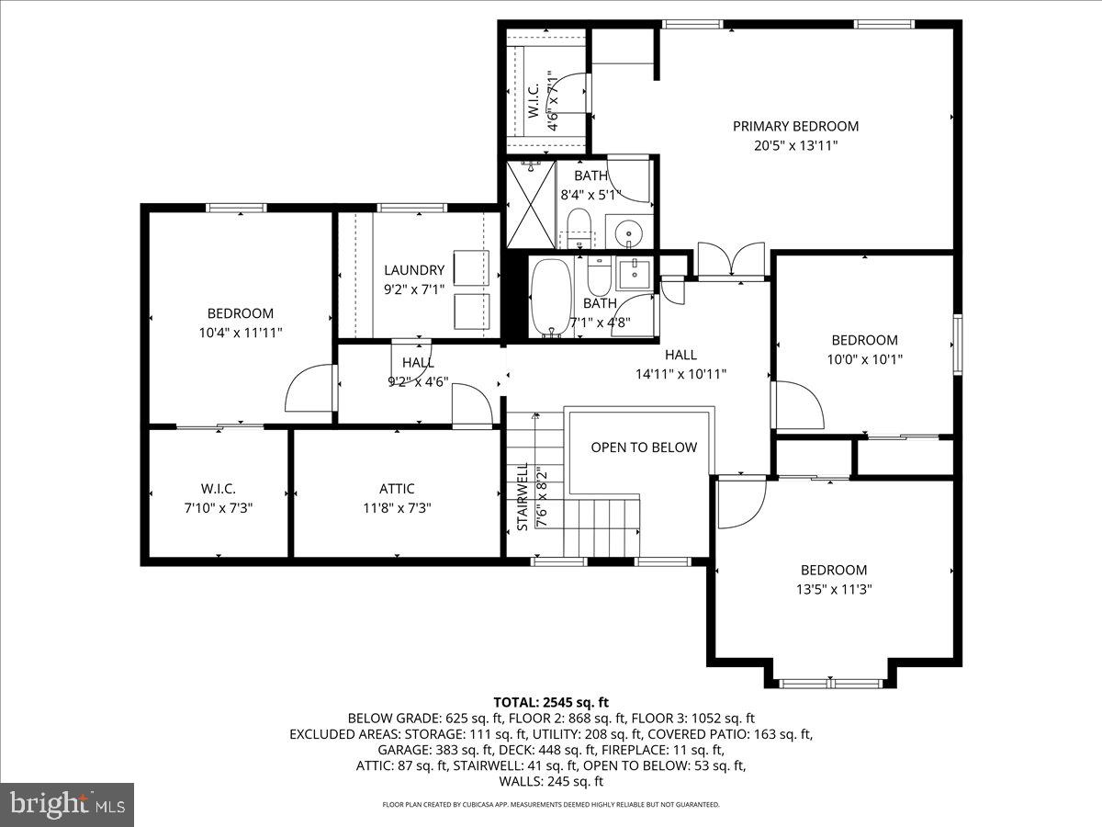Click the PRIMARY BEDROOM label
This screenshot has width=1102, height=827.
point(795,126)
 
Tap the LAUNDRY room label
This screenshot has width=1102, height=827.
point(414,270)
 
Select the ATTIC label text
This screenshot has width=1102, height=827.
point(397,489)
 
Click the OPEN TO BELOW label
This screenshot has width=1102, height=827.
point(643,447)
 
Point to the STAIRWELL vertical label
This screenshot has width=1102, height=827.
point(522,497)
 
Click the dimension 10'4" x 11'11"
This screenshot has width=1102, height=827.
point(240,333)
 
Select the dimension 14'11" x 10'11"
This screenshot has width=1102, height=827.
point(680,374)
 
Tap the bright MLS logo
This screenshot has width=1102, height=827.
point(67,804)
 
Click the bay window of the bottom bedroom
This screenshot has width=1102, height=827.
point(830,682)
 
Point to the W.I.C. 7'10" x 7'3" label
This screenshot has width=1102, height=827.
point(219,497)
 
